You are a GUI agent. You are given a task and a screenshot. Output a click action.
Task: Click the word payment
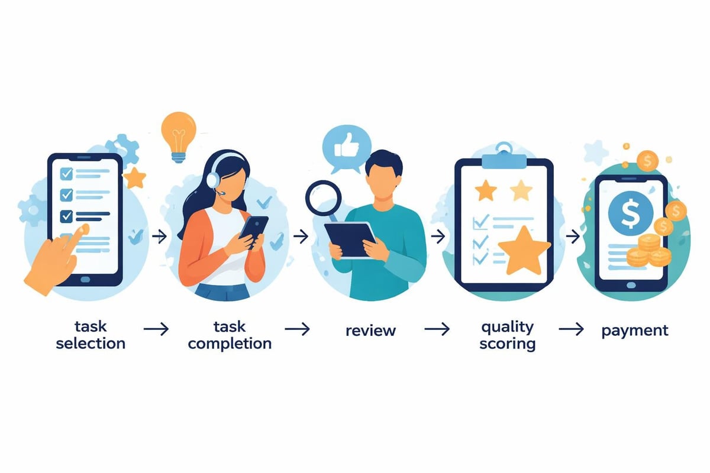pyautogui.click(x=635, y=330)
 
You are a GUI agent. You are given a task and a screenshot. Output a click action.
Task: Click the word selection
pyautogui.click(x=91, y=343)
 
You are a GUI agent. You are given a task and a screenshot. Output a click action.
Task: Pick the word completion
pyautogui.click(x=230, y=343)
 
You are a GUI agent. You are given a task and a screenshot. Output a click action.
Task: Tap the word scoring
pyautogui.click(x=508, y=343)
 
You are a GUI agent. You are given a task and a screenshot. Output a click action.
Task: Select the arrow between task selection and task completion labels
pyautogui.click(x=156, y=329)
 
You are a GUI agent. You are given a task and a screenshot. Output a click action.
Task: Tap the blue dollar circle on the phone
pyautogui.click(x=630, y=212)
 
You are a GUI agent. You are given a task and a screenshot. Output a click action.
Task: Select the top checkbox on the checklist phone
pyautogui.click(x=67, y=173)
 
